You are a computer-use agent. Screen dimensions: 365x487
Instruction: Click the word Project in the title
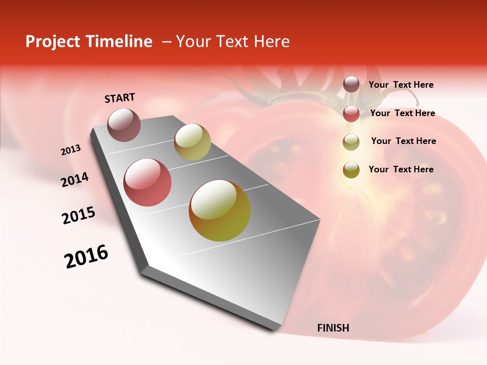click(51, 42)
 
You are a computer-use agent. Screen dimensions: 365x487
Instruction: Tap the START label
click(120, 98)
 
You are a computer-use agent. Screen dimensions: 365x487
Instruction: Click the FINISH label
click(333, 328)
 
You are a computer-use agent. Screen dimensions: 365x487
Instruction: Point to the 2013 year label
click(71, 150)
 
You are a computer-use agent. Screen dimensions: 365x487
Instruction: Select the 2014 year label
click(75, 179)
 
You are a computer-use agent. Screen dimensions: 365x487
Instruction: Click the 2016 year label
click(86, 257)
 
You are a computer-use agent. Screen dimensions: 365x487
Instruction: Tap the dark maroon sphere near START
click(124, 125)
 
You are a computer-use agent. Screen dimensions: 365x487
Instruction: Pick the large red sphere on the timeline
click(147, 182)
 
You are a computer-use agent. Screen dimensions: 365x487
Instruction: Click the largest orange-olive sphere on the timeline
click(220, 210)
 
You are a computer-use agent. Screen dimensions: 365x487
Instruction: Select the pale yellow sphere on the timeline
click(192, 142)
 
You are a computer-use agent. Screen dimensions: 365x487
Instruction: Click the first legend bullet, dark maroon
click(351, 85)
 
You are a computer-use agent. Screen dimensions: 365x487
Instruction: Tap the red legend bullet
click(351, 114)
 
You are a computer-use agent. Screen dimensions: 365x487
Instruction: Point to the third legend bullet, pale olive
click(351, 142)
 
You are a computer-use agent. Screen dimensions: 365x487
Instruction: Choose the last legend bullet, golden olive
click(351, 170)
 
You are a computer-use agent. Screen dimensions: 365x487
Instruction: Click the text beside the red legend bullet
click(402, 113)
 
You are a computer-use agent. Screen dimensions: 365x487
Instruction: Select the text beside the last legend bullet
click(401, 169)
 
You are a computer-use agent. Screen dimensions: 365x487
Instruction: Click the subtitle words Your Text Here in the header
click(233, 42)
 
